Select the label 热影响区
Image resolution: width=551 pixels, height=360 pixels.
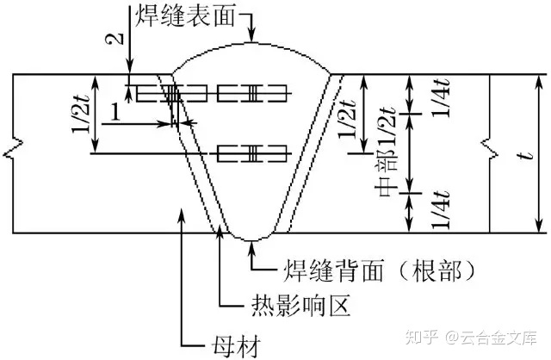coord(285,305)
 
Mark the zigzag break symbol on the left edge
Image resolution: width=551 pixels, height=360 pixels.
coord(10,154)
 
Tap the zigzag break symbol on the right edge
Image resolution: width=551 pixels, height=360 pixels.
coord(492,154)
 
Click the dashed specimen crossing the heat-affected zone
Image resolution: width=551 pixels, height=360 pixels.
coord(172,93)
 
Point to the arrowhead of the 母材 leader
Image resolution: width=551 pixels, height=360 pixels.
coord(181,211)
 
